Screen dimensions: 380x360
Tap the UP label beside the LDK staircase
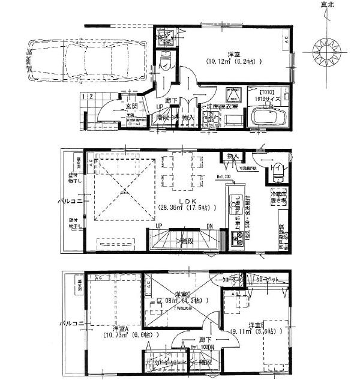click(160, 226)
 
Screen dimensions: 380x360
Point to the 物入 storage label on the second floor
click(232, 157)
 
